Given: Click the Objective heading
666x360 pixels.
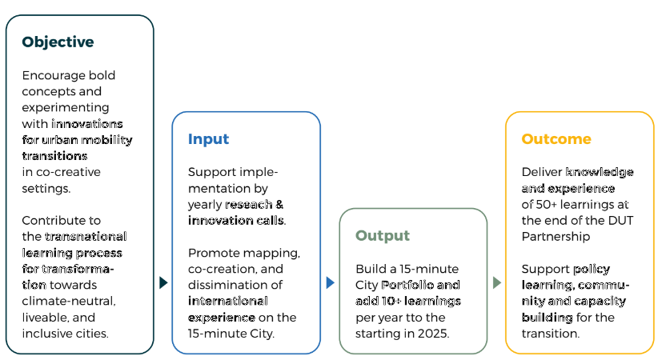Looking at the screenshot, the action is point(58,42).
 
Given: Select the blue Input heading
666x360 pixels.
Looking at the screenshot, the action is point(208,139).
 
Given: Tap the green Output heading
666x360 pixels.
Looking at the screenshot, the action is point(383,236).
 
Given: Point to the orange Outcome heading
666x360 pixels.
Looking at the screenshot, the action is point(556,139).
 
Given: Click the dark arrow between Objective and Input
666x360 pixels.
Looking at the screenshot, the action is point(163,282).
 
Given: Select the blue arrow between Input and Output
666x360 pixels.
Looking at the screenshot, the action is point(330,282).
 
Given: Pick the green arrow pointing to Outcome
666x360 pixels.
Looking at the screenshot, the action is point(497,282).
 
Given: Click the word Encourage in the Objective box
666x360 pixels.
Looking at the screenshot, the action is point(47,75).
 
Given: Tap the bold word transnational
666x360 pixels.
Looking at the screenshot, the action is point(86,237).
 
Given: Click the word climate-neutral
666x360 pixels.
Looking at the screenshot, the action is point(69,302).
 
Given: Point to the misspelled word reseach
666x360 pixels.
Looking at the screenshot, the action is point(248,205).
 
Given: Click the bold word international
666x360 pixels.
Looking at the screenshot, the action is point(227,301).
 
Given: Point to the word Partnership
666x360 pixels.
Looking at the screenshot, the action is point(556,237).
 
